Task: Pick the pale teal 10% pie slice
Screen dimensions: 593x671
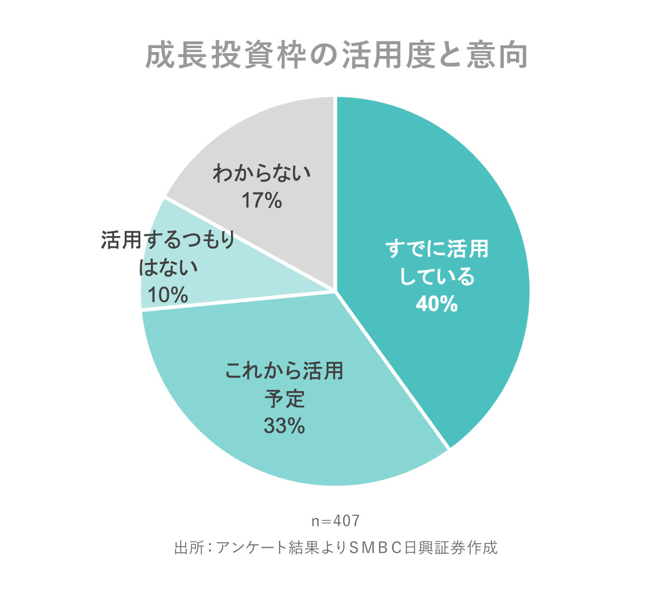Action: click(168, 280)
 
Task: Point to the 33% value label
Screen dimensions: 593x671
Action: click(284, 426)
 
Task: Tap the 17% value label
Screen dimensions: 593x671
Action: click(262, 200)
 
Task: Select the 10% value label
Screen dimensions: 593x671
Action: click(168, 295)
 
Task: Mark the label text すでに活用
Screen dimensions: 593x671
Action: click(437, 249)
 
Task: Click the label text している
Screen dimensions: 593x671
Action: click(437, 277)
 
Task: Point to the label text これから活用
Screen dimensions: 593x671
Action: click(284, 371)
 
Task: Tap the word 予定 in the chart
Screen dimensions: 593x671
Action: click(284, 399)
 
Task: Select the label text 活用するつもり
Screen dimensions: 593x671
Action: click(168, 240)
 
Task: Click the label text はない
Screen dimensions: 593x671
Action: click(168, 267)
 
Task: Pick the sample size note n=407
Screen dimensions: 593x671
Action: click(335, 521)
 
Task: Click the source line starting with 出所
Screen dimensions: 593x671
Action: click(335, 547)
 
